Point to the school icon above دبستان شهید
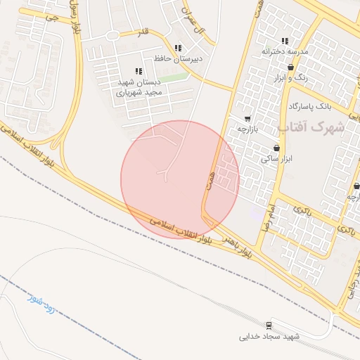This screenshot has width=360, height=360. (138, 71)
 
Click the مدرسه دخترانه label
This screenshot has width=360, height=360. (285, 51)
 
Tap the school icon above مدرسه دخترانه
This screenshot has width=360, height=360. (285, 41)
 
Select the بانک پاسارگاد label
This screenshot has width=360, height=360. (309, 106)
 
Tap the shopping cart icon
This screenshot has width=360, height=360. (247, 119)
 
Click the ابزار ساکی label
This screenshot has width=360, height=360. (276, 159)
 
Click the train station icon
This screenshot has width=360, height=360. (269, 325)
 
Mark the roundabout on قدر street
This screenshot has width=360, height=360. (111, 35)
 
